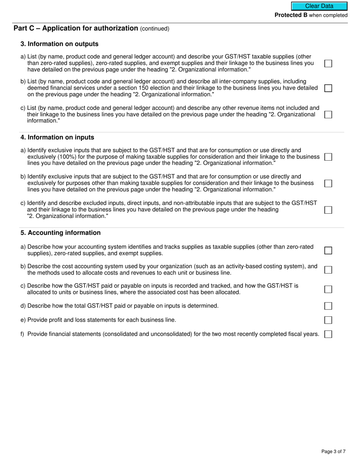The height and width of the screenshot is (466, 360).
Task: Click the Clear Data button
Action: [319, 6]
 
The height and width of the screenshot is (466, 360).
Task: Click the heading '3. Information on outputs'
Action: [59, 44]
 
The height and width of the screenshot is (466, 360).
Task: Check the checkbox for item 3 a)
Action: [328, 63]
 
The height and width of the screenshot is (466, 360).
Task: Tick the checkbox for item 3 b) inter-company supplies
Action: [328, 88]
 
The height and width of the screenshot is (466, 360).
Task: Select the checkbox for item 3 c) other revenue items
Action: [328, 114]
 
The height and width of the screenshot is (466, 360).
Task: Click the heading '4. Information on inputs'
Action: [57, 138]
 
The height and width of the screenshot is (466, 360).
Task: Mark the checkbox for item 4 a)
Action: [328, 157]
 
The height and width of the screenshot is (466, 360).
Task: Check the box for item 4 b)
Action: [328, 183]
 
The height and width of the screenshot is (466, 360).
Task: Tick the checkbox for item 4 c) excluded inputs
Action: [328, 210]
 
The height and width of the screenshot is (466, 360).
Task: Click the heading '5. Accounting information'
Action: [61, 233]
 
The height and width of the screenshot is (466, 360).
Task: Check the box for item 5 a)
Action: [328, 250]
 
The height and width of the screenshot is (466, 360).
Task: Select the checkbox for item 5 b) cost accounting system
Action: [328, 270]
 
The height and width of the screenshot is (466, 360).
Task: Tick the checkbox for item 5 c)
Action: [328, 289]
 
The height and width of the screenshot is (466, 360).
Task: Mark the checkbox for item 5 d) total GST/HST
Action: [328, 306]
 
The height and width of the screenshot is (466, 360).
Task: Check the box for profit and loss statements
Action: [328, 320]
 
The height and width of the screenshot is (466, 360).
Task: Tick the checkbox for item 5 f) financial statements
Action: [328, 334]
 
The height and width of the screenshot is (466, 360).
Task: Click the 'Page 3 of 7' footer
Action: [333, 451]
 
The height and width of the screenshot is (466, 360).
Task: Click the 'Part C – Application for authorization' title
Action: [76, 28]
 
